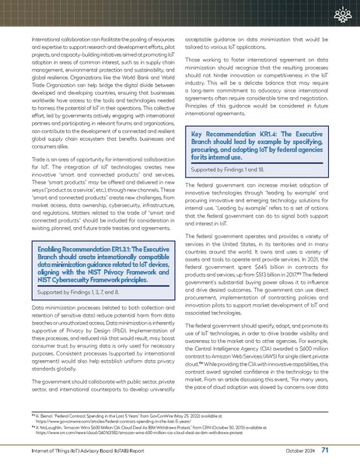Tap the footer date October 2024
pos(299,450)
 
